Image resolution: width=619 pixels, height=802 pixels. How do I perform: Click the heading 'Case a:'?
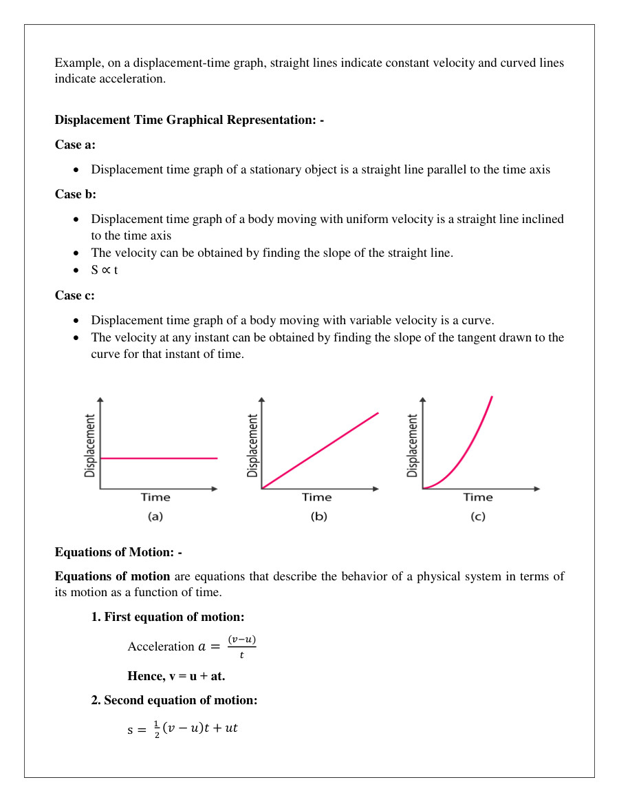[x=75, y=145]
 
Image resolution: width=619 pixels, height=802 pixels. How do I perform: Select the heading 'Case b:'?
[x=76, y=194]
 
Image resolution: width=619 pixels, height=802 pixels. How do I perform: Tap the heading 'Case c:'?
[x=75, y=295]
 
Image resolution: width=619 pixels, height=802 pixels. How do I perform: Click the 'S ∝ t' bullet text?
[x=105, y=270]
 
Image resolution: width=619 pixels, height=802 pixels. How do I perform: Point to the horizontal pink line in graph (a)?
[x=159, y=458]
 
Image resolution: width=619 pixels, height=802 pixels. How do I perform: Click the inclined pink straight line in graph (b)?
[x=320, y=451]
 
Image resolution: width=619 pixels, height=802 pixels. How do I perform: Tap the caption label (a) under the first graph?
[x=155, y=516]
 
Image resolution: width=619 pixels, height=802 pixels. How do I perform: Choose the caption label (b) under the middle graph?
[x=318, y=516]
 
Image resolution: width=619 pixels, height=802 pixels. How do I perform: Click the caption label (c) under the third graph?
[x=478, y=516]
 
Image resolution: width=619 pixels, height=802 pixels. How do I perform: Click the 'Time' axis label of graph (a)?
[x=155, y=497]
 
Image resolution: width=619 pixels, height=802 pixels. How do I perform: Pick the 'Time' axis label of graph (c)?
[x=478, y=497]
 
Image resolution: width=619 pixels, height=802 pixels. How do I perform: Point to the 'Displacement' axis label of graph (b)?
[x=252, y=445]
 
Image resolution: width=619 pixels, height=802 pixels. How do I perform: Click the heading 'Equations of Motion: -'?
[x=118, y=552]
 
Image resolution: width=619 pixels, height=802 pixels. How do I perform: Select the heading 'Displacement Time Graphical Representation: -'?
[x=189, y=120]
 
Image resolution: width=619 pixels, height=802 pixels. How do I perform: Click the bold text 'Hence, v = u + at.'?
[x=176, y=676]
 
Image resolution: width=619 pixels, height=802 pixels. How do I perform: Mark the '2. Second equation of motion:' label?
[x=174, y=700]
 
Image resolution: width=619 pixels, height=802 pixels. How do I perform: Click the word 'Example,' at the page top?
[x=78, y=63]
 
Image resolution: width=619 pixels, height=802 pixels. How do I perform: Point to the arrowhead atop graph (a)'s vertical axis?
[x=101, y=400]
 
